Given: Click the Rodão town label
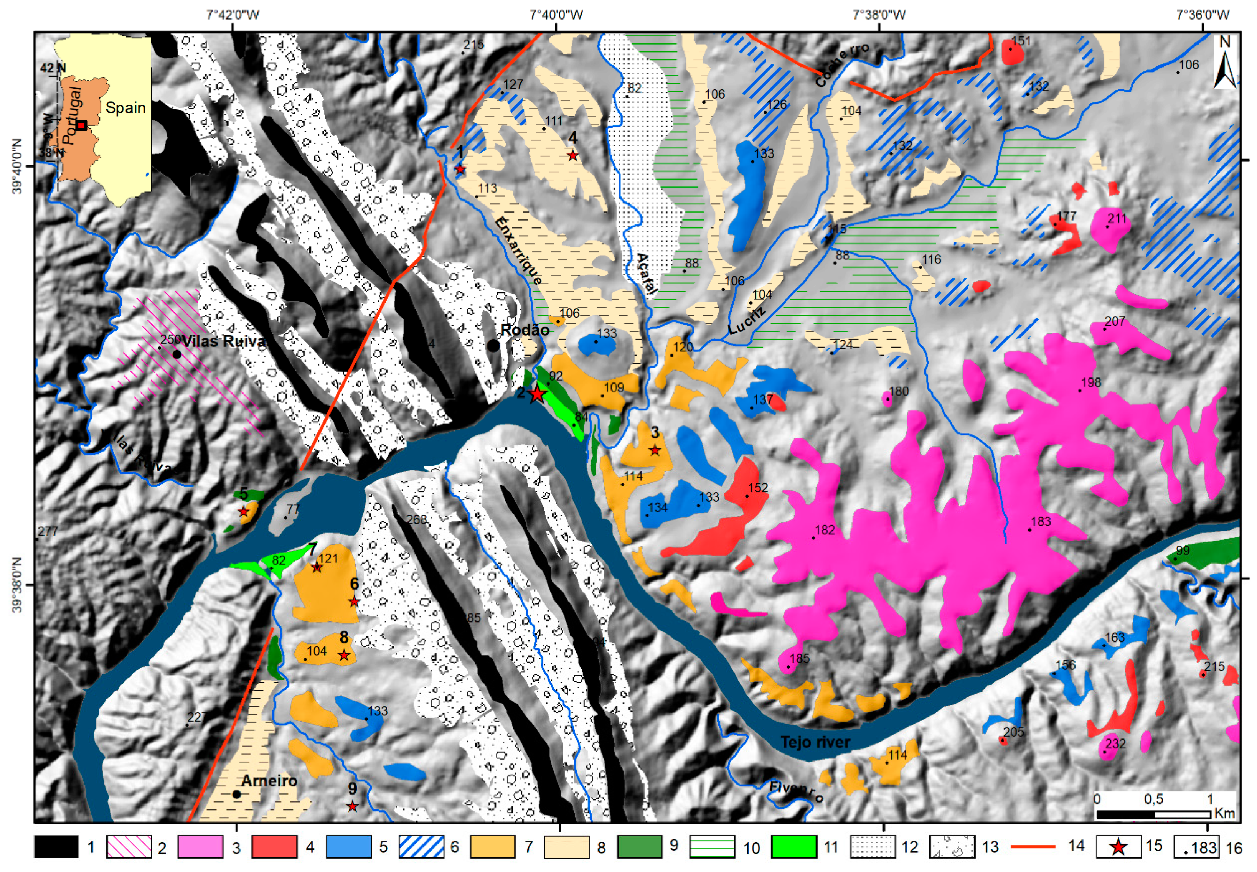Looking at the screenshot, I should (525, 330).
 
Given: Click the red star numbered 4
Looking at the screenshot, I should (572, 155).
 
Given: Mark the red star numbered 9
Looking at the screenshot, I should (353, 806).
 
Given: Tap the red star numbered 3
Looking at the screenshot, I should (655, 451).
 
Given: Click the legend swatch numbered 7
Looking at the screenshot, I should (492, 847).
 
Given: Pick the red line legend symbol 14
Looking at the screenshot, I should (1033, 846).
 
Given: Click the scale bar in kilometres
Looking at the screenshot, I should (1153, 814).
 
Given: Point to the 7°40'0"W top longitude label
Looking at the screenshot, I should (556, 14).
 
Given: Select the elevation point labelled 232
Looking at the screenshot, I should (1105, 752).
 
